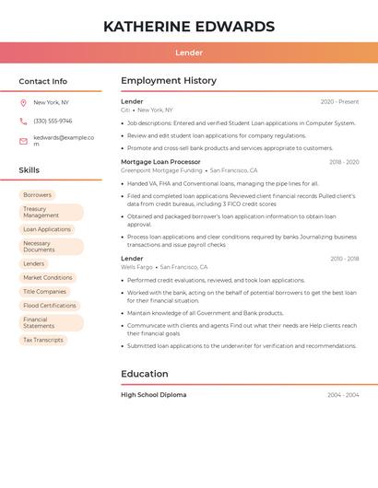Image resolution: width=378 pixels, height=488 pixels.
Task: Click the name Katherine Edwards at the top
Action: [x=189, y=27]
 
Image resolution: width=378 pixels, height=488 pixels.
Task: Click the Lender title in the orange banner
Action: [x=189, y=52]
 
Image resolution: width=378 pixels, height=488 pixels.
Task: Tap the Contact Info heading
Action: [x=42, y=81]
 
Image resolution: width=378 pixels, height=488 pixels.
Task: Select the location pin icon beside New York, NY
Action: [x=23, y=103]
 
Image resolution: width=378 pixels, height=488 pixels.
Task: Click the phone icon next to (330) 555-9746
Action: [x=23, y=121]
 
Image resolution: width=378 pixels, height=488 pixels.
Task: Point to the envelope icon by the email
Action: [x=23, y=141]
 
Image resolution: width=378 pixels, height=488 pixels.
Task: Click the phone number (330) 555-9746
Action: [x=53, y=121]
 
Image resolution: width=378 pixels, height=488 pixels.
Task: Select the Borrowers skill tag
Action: [x=37, y=195]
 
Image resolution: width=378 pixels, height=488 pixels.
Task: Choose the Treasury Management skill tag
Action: [x=51, y=213]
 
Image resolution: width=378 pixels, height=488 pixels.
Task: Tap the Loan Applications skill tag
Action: [x=47, y=229]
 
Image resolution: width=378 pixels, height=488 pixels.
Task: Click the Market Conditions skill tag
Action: [x=47, y=277]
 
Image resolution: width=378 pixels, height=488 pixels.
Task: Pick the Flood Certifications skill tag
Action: [x=50, y=306]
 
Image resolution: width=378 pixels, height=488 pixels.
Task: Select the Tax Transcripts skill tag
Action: [x=43, y=340]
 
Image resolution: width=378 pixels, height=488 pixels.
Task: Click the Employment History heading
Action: [x=169, y=81]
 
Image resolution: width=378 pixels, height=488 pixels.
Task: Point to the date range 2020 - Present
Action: [x=339, y=102]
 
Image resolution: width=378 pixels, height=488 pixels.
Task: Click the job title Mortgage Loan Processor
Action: [x=160, y=162]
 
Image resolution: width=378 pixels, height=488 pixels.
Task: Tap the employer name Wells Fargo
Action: [x=137, y=267]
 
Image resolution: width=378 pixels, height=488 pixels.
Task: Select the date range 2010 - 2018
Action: [x=345, y=259]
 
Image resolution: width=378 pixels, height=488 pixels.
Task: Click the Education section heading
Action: [x=145, y=374]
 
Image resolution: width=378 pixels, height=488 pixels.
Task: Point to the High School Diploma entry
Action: [x=153, y=395]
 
